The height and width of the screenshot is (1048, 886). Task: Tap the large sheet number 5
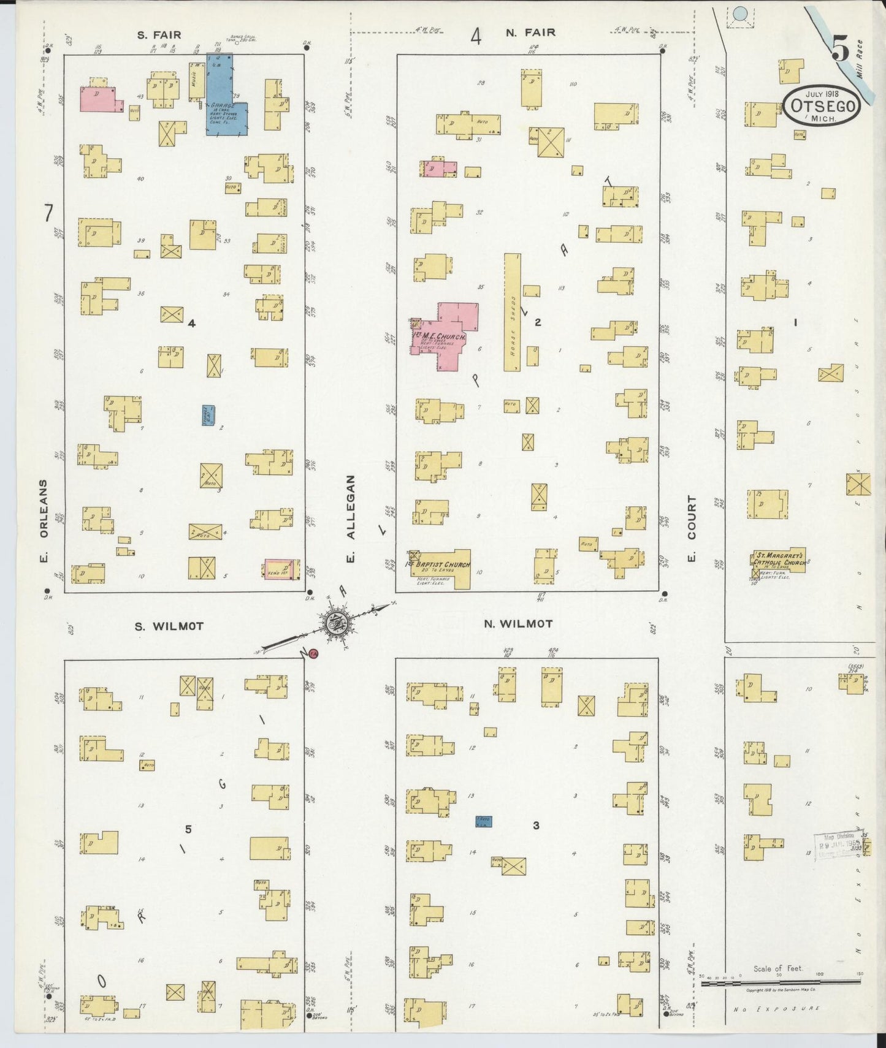840,49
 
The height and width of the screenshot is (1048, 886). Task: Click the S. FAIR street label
159,35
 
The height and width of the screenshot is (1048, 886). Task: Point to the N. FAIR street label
530,33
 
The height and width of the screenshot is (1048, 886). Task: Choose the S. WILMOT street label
169,626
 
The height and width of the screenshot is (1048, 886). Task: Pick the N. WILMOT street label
518,624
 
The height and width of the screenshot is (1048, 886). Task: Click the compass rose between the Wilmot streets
335,624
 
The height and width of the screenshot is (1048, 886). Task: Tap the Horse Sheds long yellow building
513,313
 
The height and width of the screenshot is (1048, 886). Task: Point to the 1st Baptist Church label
440,564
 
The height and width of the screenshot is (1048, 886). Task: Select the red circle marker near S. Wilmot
313,654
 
